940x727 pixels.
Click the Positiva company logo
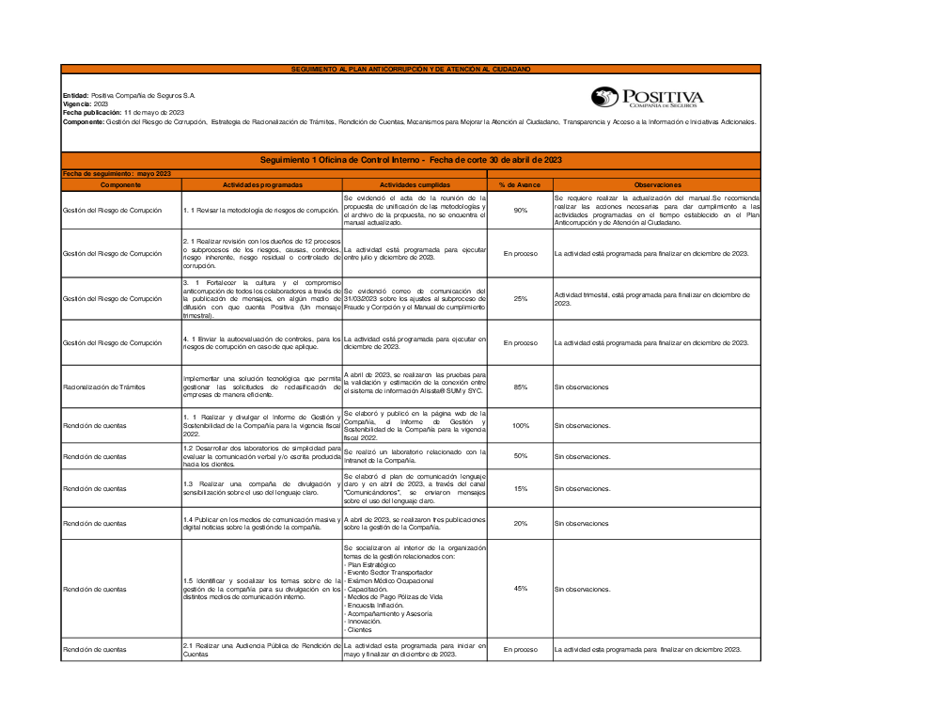point(647,98)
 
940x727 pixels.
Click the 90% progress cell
point(520,210)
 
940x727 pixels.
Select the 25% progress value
point(520,299)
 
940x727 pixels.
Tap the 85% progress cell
point(520,387)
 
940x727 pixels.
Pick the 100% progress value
point(520,426)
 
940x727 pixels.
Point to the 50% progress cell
point(520,456)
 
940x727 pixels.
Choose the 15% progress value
point(520,488)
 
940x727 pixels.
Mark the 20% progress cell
point(520,523)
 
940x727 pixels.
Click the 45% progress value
point(520,589)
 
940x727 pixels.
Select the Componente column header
point(120,185)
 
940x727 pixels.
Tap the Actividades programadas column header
point(261,185)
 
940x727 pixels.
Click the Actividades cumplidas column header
point(415,185)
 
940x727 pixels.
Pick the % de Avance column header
point(520,185)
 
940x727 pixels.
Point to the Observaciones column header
point(656,185)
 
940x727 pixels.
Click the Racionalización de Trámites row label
point(104,387)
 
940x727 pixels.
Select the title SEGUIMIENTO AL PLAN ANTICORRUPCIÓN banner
point(411,70)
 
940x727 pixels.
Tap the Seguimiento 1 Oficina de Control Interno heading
point(411,161)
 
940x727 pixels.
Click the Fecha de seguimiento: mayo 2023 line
point(117,174)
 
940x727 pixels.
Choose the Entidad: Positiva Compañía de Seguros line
point(129,96)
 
